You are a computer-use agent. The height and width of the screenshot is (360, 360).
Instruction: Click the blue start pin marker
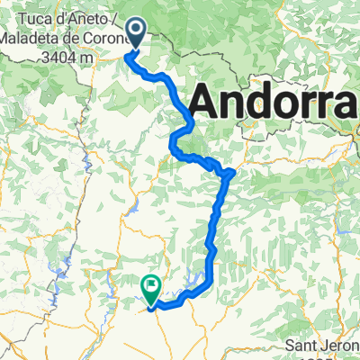(x=137, y=33)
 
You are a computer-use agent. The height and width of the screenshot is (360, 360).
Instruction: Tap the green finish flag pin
(x=151, y=288)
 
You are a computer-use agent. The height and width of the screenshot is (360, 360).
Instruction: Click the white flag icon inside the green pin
(x=151, y=288)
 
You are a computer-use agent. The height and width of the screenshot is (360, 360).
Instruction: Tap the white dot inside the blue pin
(x=137, y=32)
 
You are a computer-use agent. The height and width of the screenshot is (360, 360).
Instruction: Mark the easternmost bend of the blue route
(x=233, y=170)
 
